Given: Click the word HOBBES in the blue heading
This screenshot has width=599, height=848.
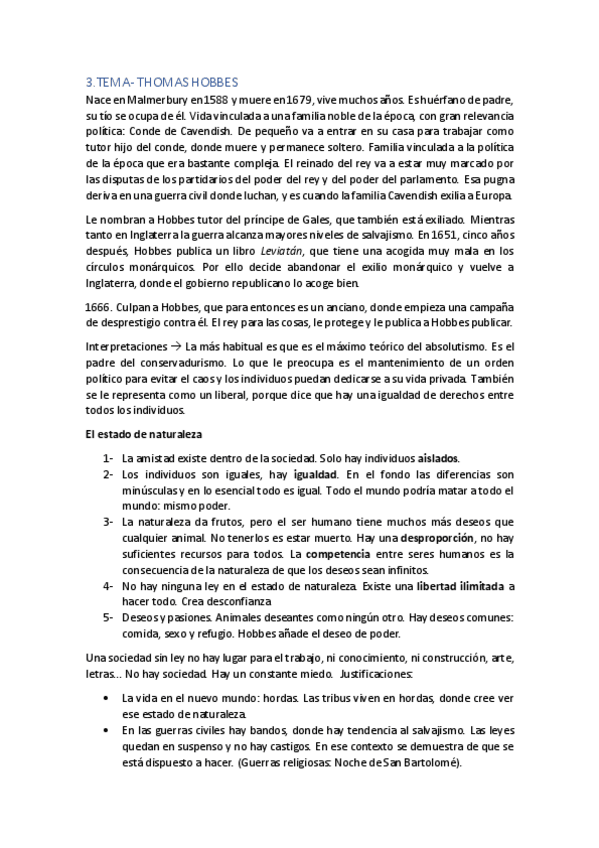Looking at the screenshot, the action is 206,82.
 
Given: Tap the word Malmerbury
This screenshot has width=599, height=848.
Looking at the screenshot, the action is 148,100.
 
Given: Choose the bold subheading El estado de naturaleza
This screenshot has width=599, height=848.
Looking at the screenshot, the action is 144,435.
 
